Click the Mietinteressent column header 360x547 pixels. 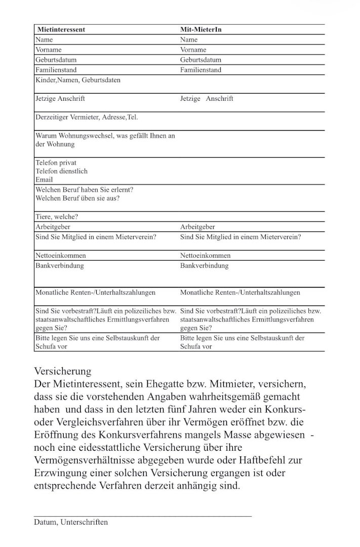click(61, 29)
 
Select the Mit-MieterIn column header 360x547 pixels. click(201, 29)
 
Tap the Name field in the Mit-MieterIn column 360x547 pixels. click(189, 40)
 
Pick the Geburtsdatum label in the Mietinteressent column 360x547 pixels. click(56, 60)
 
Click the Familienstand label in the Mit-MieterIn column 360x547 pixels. click(201, 70)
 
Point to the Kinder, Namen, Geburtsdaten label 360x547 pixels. click(78, 80)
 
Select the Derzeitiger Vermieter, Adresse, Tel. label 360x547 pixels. click(86, 117)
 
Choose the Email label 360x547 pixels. click(44, 179)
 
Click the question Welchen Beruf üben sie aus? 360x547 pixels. click(77, 198)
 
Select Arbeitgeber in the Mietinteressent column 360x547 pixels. click(52, 227)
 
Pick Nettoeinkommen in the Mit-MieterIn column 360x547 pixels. click(205, 255)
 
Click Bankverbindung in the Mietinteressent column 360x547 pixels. click(59, 265)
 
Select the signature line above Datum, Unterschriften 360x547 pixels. click(142, 516)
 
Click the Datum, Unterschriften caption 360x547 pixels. click(71, 522)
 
